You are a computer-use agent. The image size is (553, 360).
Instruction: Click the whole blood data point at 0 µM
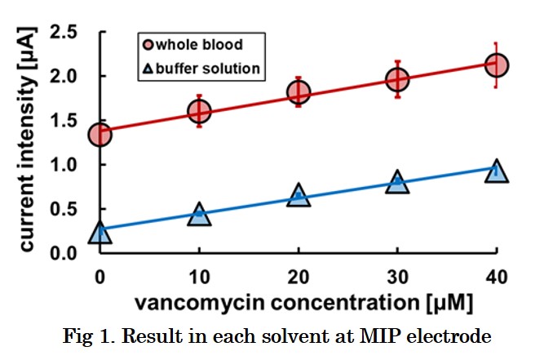pyautogui.click(x=100, y=135)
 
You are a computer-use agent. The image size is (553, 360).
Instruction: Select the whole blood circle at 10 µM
pyautogui.click(x=199, y=111)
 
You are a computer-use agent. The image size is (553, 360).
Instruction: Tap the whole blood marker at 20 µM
pyautogui.click(x=299, y=92)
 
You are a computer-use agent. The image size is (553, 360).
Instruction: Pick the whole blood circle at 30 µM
pyautogui.click(x=397, y=79)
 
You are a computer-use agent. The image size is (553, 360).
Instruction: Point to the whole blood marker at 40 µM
pyautogui.click(x=497, y=64)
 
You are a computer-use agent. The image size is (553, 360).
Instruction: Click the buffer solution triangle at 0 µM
pyautogui.click(x=100, y=233)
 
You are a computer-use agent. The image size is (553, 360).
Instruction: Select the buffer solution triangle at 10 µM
pyautogui.click(x=199, y=215)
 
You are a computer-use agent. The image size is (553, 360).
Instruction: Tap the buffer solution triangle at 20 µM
pyautogui.click(x=299, y=196)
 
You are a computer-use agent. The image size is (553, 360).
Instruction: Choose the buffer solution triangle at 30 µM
pyautogui.click(x=397, y=183)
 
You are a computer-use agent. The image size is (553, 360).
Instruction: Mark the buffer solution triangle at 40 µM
pyautogui.click(x=497, y=171)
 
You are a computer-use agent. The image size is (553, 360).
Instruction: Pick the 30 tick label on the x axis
pyautogui.click(x=397, y=275)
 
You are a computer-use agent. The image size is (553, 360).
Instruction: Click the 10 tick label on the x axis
pyautogui.click(x=199, y=275)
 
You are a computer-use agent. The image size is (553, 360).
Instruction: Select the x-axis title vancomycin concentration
pyautogui.click(x=303, y=304)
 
